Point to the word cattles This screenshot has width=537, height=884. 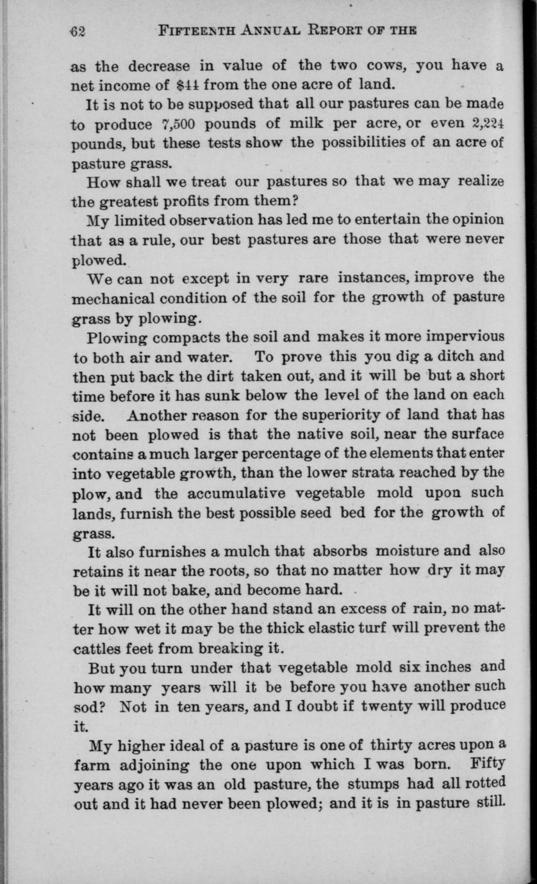[97, 646]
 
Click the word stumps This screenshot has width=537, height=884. [374, 784]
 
